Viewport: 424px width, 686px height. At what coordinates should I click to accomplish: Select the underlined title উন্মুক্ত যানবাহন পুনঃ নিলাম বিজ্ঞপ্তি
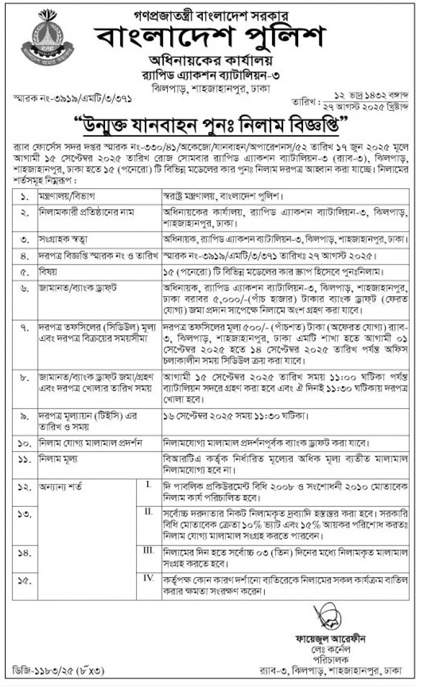(212, 127)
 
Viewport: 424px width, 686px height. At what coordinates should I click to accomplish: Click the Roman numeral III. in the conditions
(148, 549)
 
